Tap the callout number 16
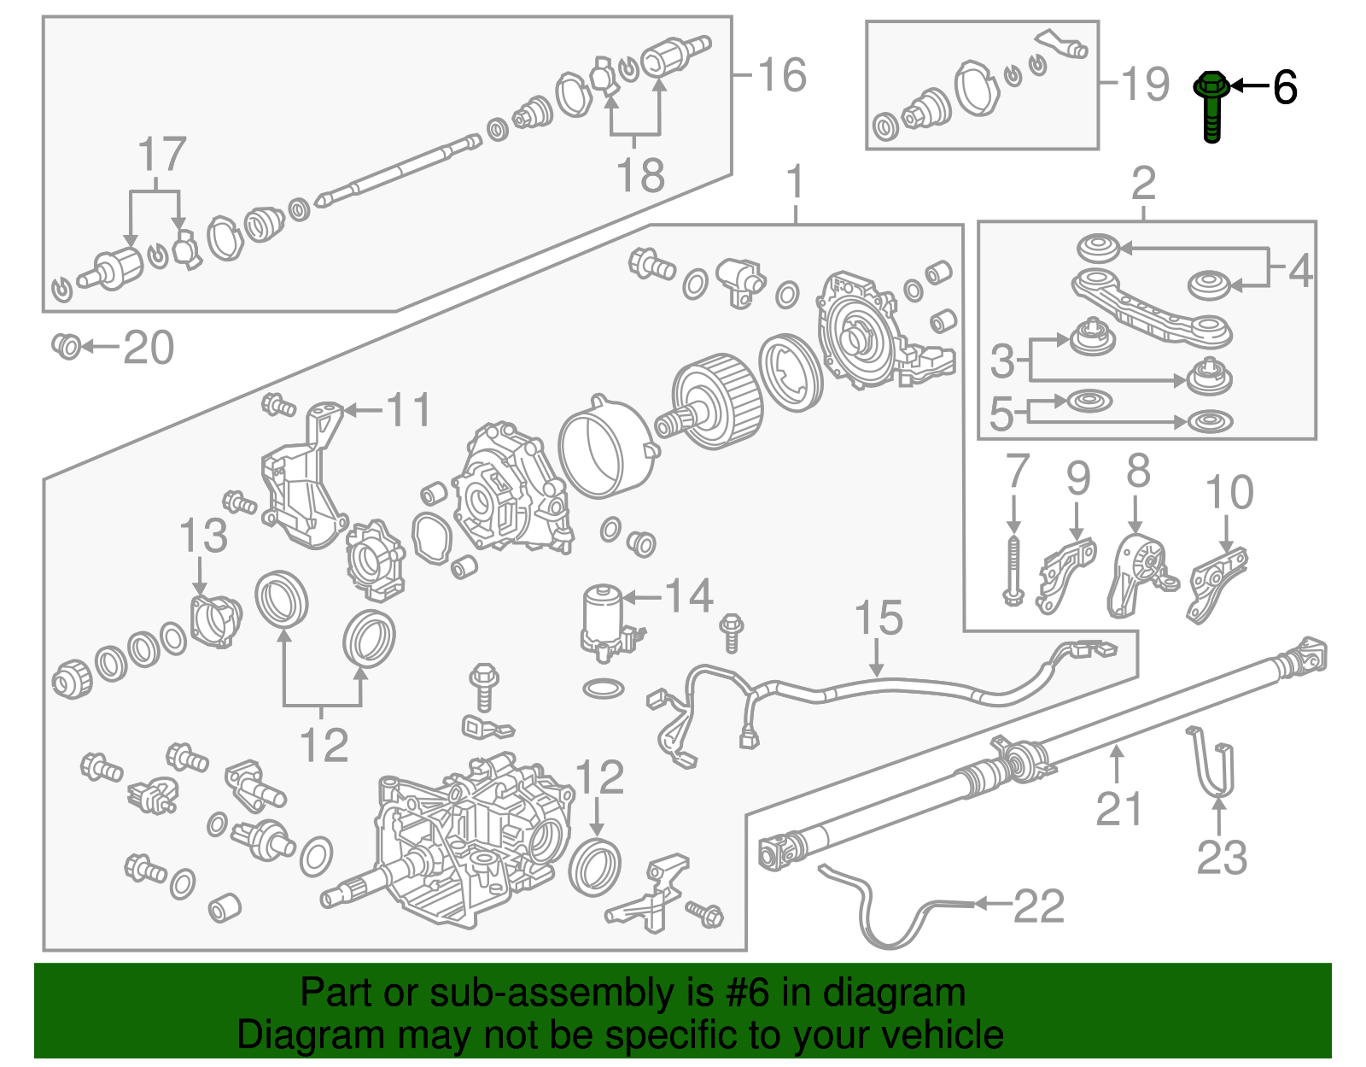click(781, 75)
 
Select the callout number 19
click(1145, 84)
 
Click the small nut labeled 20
click(67, 346)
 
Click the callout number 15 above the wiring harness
click(879, 619)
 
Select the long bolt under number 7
click(1013, 571)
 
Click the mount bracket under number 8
click(1139, 574)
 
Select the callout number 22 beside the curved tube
click(1039, 906)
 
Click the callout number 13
click(203, 536)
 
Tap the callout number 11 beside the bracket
click(409, 410)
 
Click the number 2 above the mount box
click(1143, 183)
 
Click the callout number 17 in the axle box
click(162, 155)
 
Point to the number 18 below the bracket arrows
click(640, 175)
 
